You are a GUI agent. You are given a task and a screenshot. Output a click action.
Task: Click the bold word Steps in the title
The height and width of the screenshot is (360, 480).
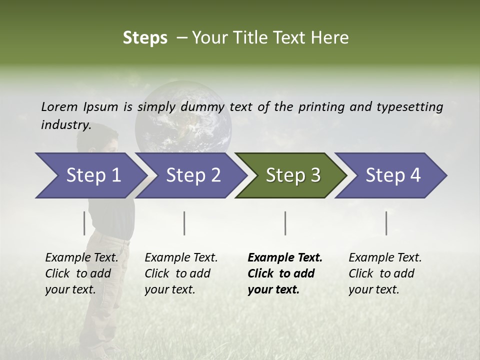click(145, 37)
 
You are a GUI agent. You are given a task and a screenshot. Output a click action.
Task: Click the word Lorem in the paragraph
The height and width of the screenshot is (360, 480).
click(58, 106)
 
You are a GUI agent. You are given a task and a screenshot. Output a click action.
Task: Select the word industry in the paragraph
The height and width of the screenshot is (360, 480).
click(65, 125)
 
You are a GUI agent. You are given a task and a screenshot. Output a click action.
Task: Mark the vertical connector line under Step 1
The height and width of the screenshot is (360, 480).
click(84, 223)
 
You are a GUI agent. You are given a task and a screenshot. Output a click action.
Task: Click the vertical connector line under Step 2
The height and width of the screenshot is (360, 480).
click(184, 223)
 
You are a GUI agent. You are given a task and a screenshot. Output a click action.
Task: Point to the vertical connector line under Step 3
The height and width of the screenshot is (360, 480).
click(285, 223)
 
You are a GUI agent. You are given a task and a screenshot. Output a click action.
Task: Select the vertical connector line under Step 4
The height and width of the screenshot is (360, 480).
click(386, 223)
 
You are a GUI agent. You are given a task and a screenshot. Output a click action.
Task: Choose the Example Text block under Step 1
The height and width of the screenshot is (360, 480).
click(81, 273)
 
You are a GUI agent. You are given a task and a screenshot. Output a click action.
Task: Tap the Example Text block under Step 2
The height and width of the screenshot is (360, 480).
click(181, 273)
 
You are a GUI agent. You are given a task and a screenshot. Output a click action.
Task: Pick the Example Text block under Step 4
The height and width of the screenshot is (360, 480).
click(385, 273)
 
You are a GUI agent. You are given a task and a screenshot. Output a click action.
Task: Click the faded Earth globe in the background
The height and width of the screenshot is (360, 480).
click(183, 117)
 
